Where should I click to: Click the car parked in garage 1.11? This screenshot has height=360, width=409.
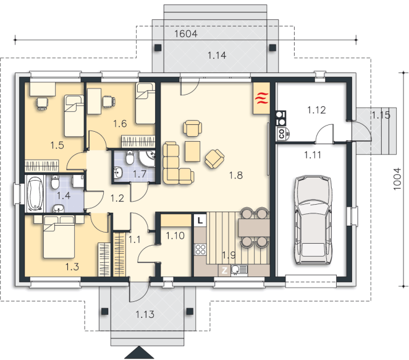pyautogui.click(x=313, y=220)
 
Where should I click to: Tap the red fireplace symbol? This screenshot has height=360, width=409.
pyautogui.click(x=261, y=98)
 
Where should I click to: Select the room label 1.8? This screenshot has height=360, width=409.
pyautogui.click(x=236, y=175)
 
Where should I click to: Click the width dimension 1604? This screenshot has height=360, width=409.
pyautogui.click(x=186, y=33)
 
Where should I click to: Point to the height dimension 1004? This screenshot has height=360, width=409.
pyautogui.click(x=397, y=179)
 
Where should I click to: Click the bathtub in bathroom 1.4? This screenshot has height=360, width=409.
pyautogui.click(x=35, y=194)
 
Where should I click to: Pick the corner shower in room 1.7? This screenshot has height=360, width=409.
pyautogui.click(x=146, y=159)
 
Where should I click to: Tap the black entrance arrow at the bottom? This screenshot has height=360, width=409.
pyautogui.click(x=139, y=353)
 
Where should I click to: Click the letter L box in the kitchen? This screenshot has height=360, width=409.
pyautogui.click(x=200, y=220)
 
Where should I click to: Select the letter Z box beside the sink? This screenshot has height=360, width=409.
pyautogui.click(x=224, y=270)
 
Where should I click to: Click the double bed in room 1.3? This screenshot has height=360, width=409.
pyautogui.click(x=59, y=237)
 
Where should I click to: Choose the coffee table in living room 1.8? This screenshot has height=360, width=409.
pyautogui.click(x=193, y=152)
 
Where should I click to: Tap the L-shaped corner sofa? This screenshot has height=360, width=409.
pyautogui.click(x=177, y=163)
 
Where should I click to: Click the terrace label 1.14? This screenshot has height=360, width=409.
pyautogui.click(x=217, y=55)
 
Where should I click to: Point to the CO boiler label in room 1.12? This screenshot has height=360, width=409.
pyautogui.click(x=282, y=133)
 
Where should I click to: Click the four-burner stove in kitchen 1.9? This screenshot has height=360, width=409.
pyautogui.click(x=201, y=249)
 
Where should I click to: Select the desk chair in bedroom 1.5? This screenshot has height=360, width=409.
pyautogui.click(x=42, y=103)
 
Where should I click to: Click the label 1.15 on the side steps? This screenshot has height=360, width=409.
pyautogui.click(x=381, y=115)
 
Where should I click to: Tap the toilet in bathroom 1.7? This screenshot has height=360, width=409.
pyautogui.click(x=130, y=157)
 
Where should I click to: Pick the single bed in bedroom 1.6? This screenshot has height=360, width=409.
pyautogui.click(x=145, y=104)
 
